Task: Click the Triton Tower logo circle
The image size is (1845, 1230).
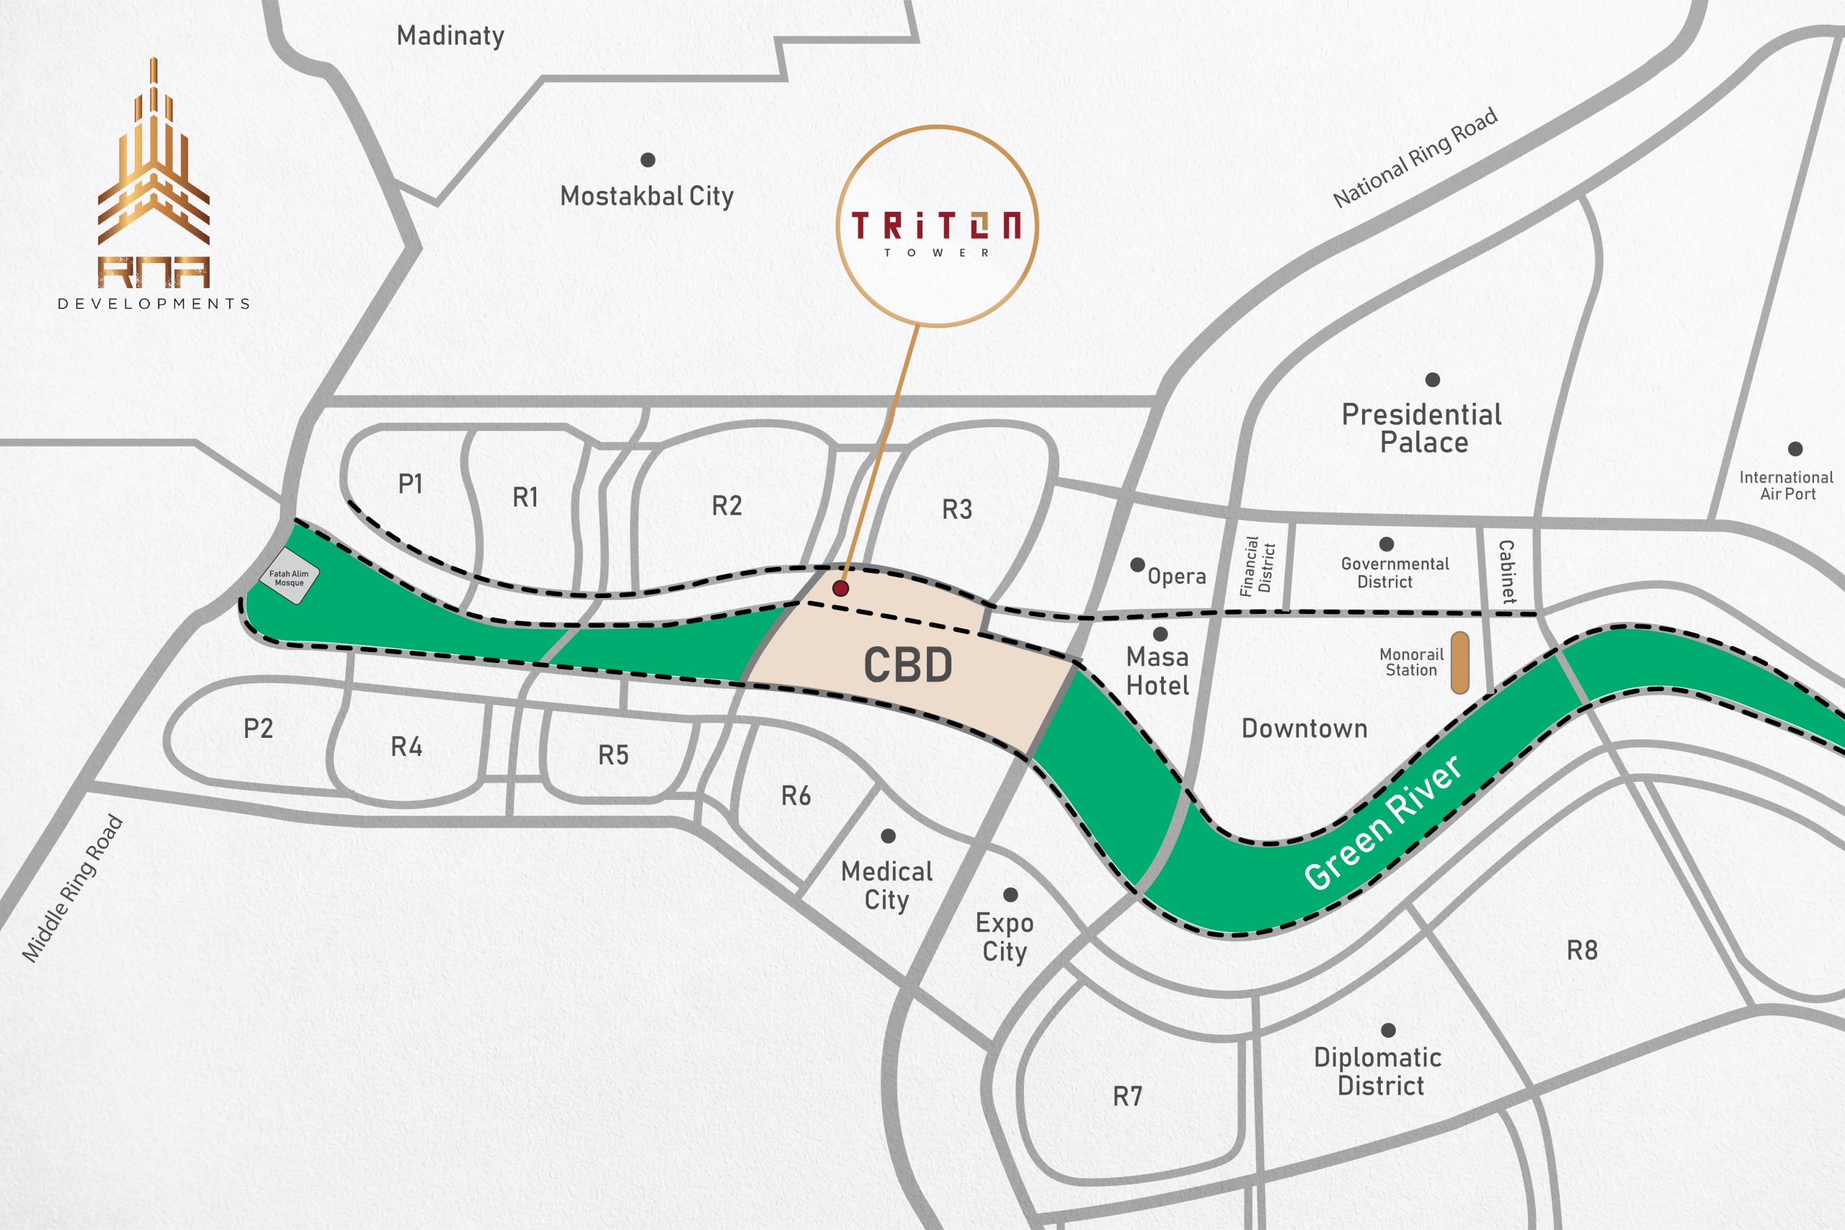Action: (938, 226)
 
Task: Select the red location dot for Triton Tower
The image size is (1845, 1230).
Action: (840, 588)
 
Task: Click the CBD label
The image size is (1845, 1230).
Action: (907, 665)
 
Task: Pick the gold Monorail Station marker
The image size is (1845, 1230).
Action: (1459, 663)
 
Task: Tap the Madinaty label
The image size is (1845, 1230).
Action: (450, 36)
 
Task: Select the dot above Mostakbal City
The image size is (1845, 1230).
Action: (648, 160)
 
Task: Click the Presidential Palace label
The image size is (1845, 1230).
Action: (1422, 428)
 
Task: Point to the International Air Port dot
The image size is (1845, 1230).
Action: (1795, 450)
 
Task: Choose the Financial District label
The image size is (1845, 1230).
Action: (1258, 566)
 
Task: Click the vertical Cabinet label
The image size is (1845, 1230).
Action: (1506, 571)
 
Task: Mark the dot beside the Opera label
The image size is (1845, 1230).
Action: (1137, 565)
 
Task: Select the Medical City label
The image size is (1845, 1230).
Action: (886, 885)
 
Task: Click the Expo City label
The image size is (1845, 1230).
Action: (1004, 937)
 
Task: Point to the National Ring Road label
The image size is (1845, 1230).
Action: (1415, 158)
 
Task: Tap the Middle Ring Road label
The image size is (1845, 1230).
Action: (72, 888)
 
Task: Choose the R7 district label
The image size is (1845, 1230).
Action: (1127, 1096)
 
